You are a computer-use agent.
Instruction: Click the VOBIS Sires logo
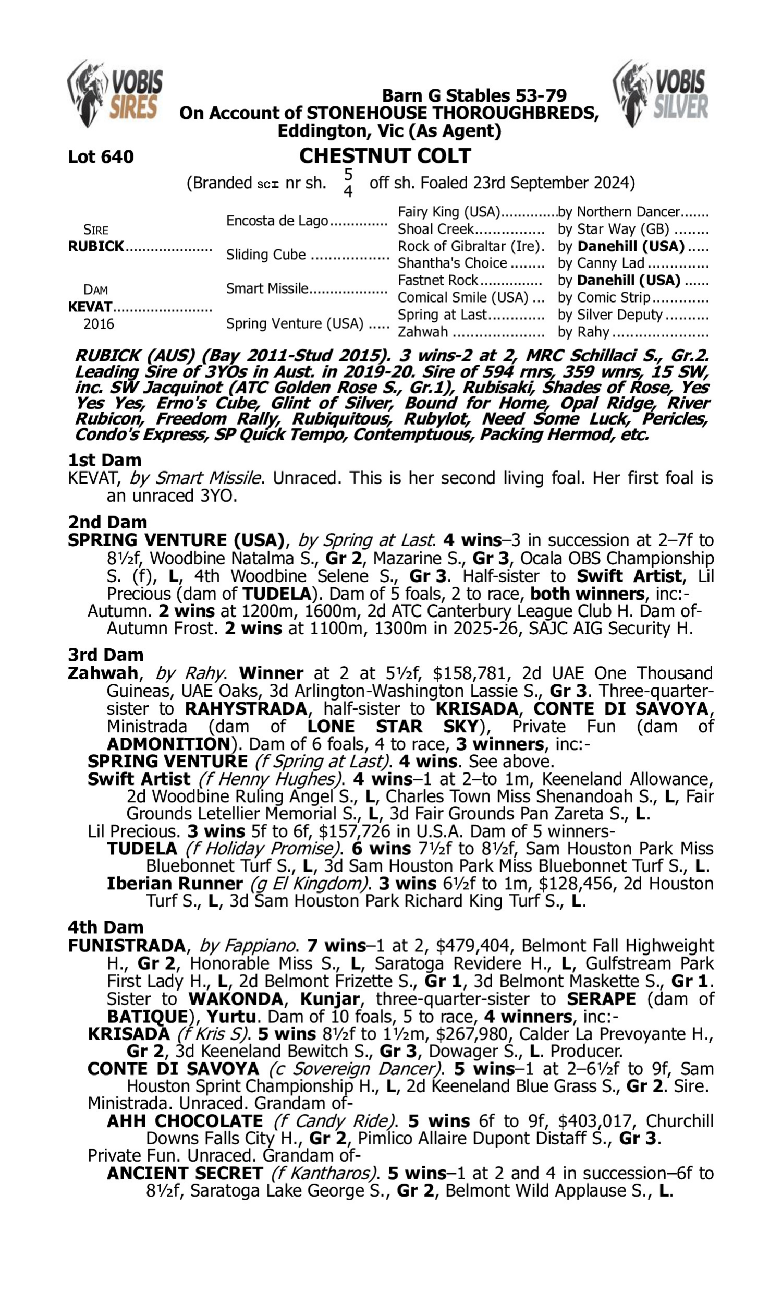coord(115,94)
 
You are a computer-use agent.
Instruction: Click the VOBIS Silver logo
coord(661,94)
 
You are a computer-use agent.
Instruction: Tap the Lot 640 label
coord(101,156)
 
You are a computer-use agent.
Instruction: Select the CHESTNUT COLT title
coord(385,156)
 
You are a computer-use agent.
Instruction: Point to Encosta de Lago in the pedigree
coord(277,220)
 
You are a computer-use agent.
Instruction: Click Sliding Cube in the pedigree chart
coord(265,255)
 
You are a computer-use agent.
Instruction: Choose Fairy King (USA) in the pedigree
coord(448,212)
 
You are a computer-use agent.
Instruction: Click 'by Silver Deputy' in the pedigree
coord(609,315)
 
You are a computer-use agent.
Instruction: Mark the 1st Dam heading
coord(104,460)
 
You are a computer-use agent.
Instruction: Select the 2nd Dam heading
coord(107,522)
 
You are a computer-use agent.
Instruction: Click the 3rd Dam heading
coord(105,655)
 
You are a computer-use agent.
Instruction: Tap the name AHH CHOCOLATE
coord(185,1121)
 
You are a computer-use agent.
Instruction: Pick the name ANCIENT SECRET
coord(185,1173)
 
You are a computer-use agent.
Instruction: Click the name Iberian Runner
coord(175,884)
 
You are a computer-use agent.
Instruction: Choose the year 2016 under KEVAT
coord(99,323)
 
